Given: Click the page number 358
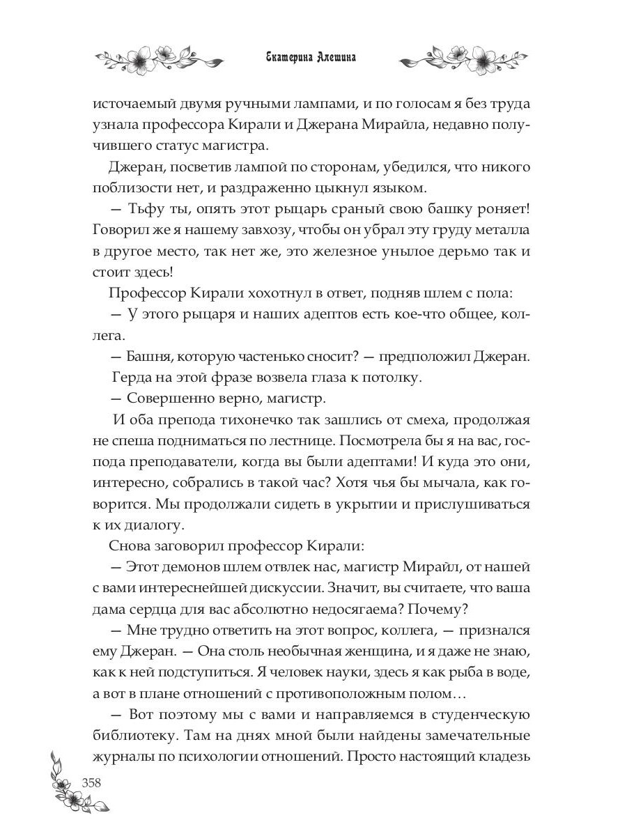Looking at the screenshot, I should [x=92, y=782].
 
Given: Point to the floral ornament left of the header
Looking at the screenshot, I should [x=158, y=60].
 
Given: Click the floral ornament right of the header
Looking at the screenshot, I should [x=467, y=60].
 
